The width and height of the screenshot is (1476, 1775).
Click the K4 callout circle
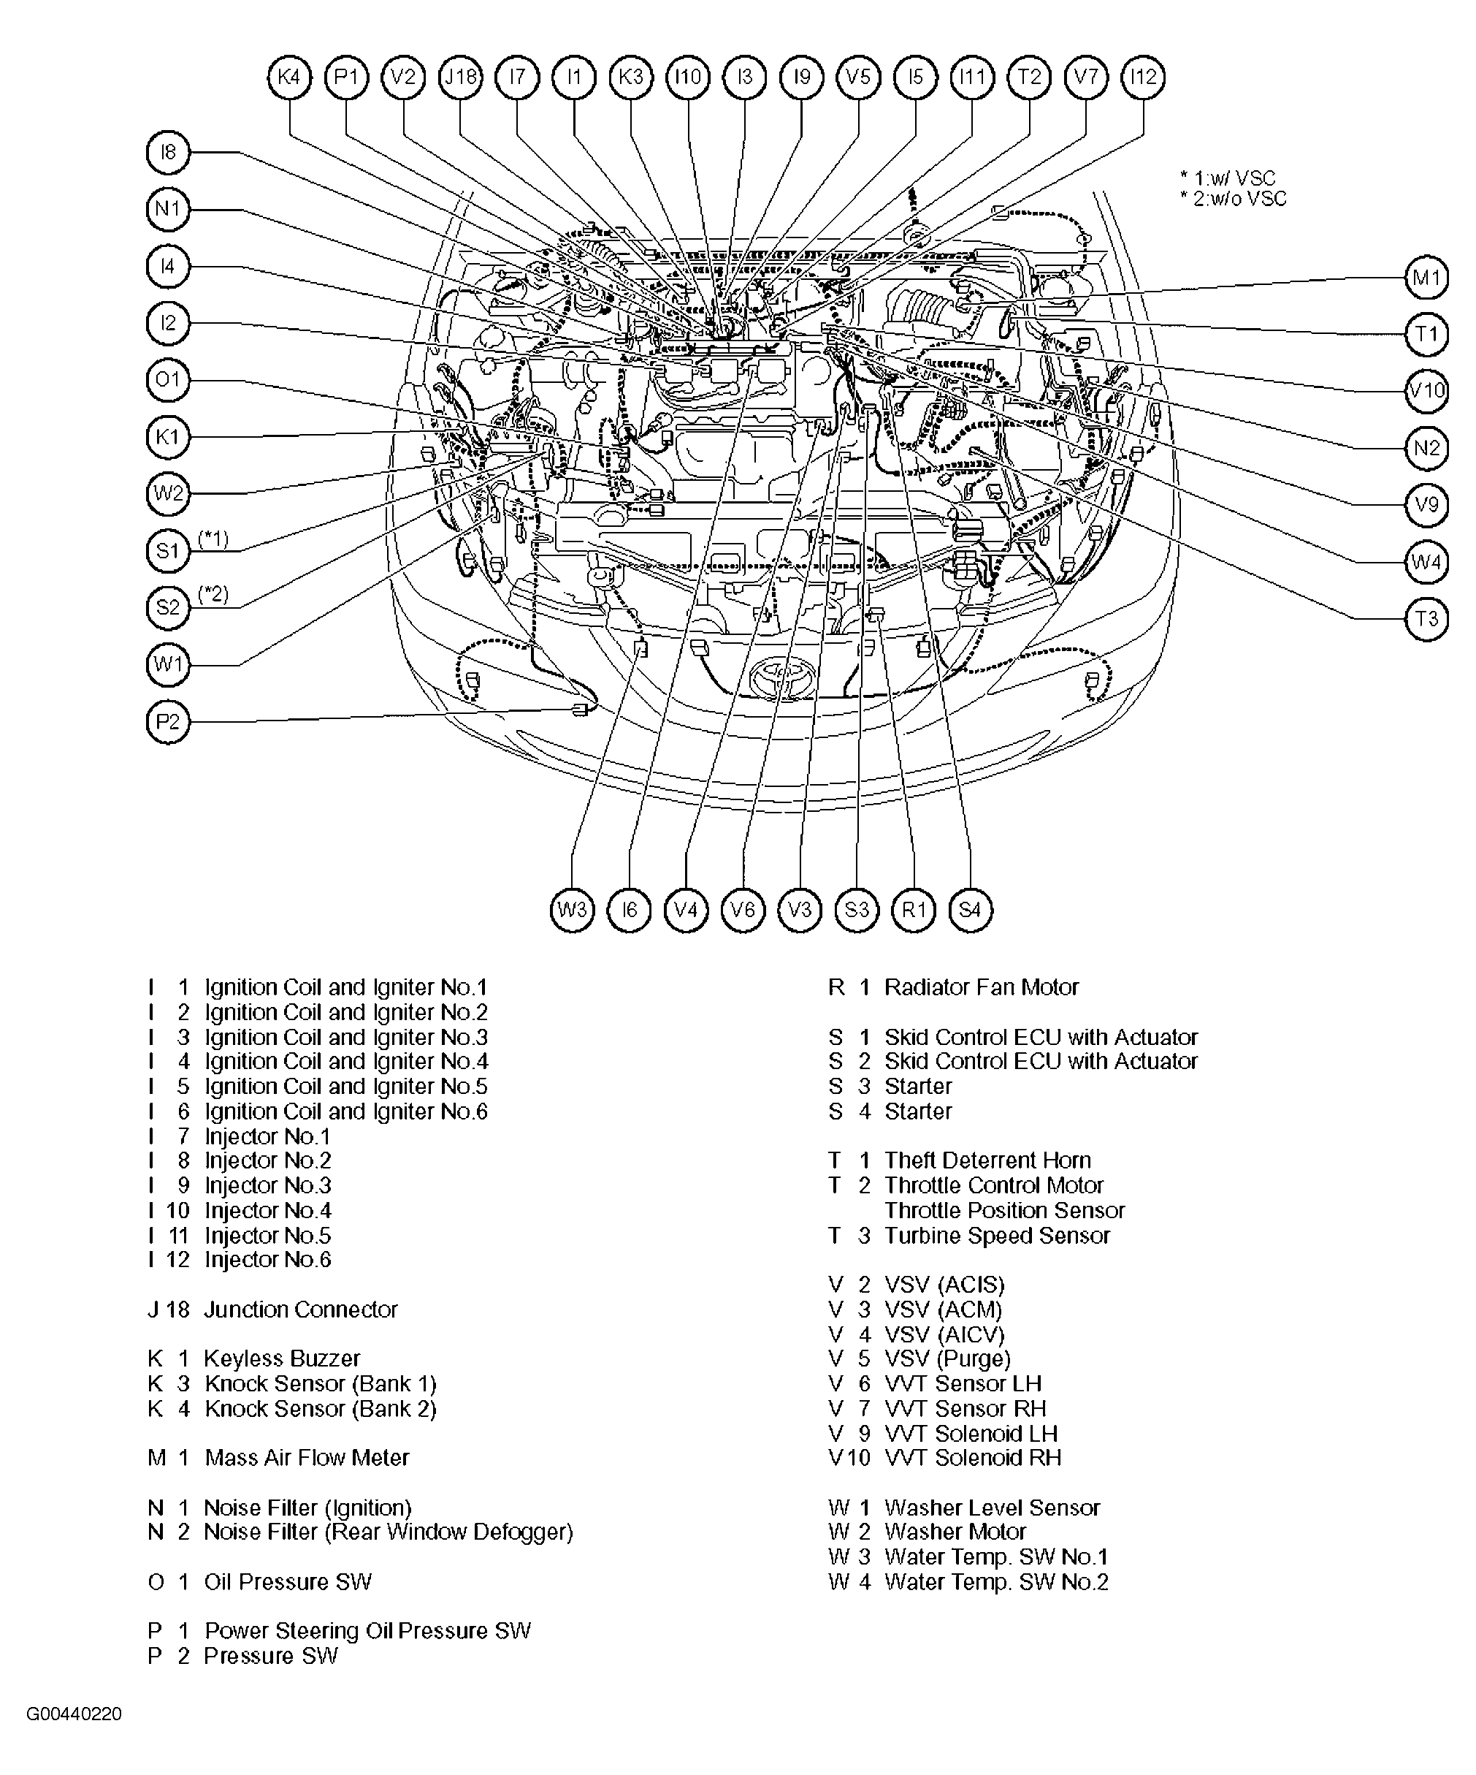(290, 77)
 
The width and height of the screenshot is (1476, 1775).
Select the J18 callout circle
(460, 77)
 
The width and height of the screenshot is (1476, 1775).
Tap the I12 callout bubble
(1143, 77)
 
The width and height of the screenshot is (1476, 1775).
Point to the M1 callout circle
(1427, 277)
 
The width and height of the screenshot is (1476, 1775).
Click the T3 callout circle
(1427, 619)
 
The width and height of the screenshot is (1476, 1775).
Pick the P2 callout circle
(168, 722)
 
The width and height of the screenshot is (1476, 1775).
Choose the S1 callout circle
(168, 551)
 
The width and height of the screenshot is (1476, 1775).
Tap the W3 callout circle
(572, 911)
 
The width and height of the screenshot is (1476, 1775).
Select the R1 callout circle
(914, 911)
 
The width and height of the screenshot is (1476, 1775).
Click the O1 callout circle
(168, 379)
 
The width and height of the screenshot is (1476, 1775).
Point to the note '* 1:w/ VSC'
(1228, 178)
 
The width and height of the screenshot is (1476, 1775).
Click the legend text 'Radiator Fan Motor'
(982, 987)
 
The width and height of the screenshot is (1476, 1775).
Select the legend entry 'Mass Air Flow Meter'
(307, 1457)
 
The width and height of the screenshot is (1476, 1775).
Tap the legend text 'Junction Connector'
(301, 1310)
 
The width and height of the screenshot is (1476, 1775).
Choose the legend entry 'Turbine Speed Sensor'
(997, 1236)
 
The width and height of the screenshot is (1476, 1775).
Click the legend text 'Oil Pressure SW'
(288, 1581)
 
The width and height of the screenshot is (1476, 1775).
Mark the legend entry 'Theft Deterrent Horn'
(987, 1160)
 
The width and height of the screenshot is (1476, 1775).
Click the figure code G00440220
(74, 1714)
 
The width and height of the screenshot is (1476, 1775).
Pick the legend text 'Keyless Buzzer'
(282, 1358)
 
